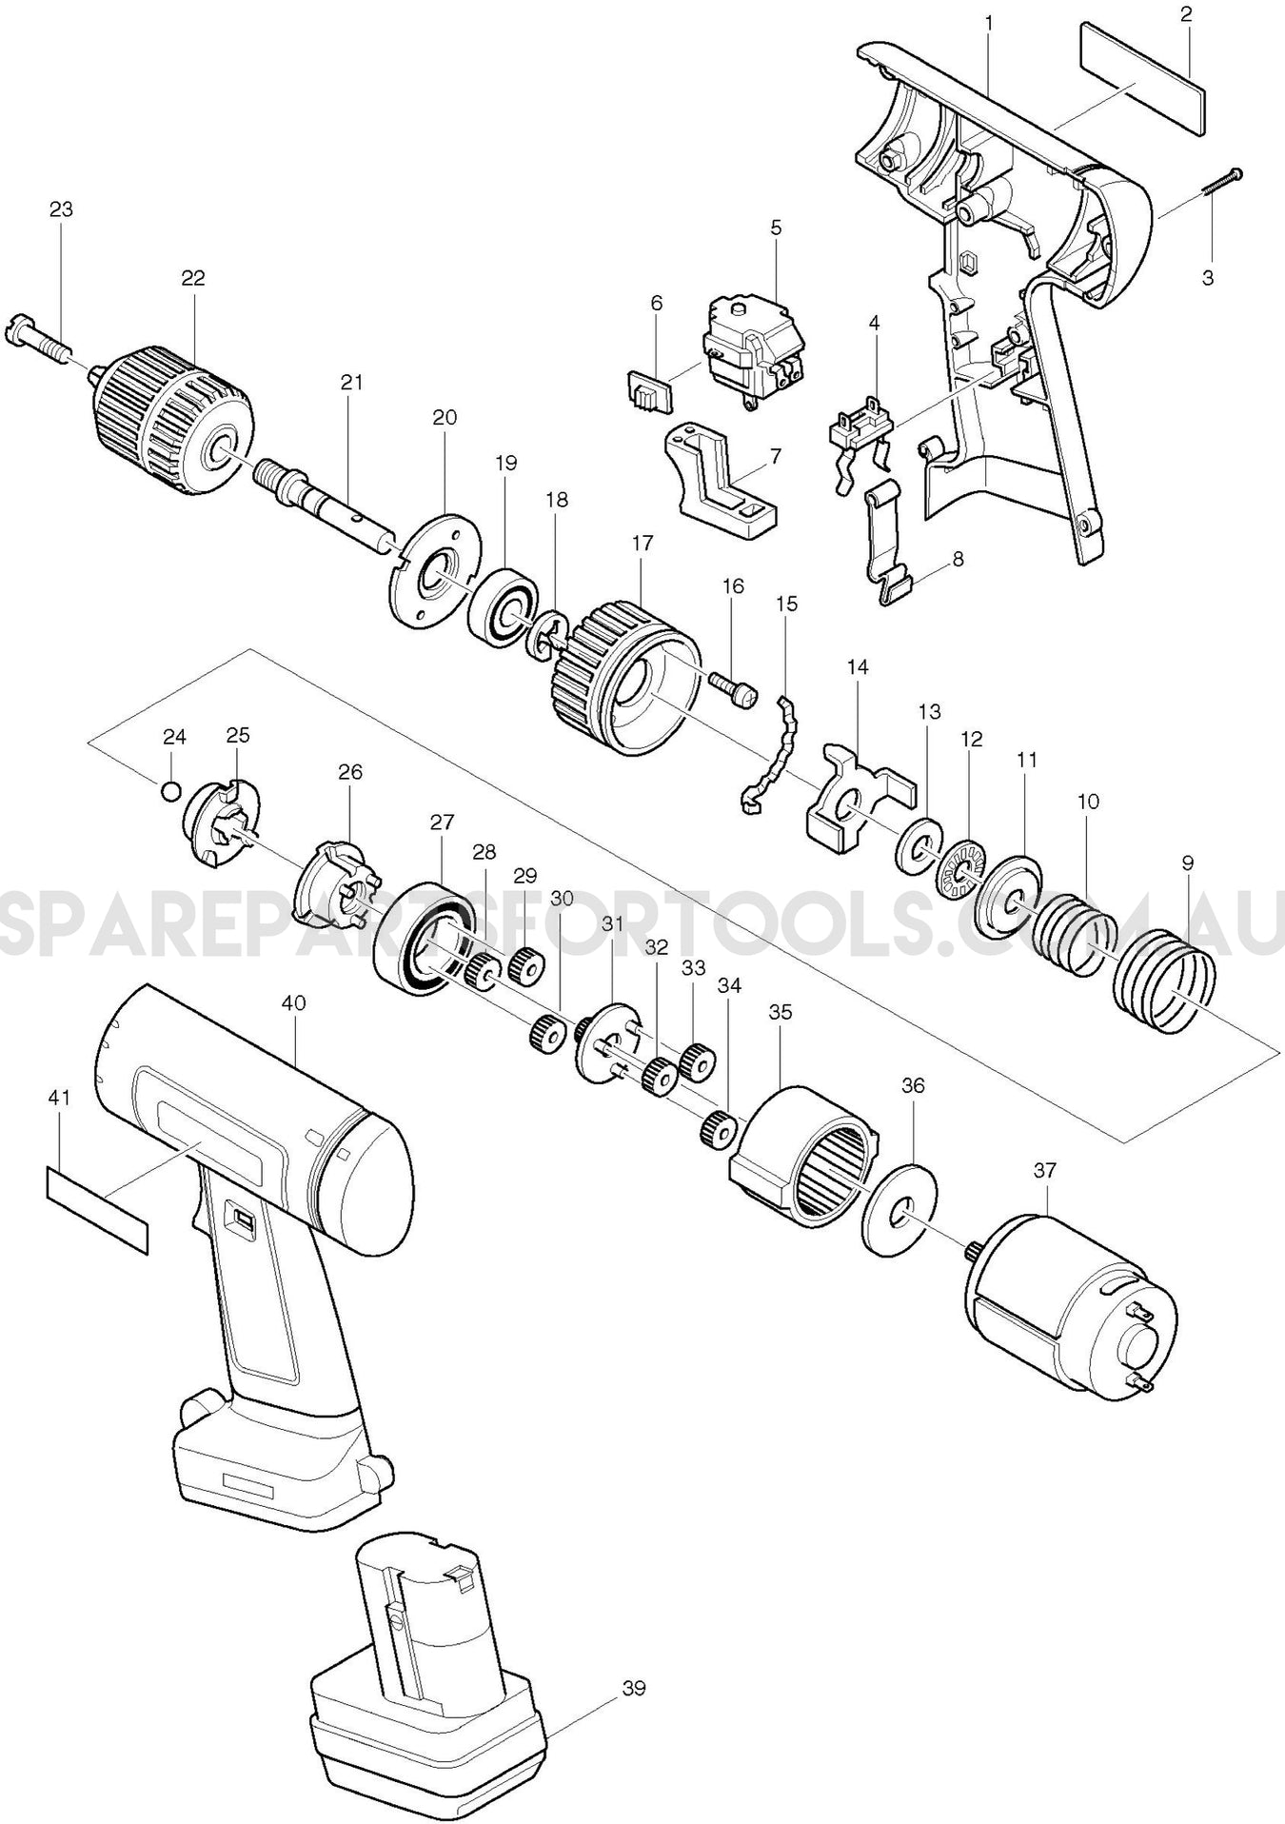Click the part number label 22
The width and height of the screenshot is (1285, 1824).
[193, 278]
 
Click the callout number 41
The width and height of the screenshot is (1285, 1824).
[59, 1098]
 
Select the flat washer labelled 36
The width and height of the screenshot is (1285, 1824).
[899, 1208]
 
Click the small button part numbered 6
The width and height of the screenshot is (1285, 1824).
[644, 390]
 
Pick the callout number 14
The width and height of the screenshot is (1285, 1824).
[857, 667]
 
